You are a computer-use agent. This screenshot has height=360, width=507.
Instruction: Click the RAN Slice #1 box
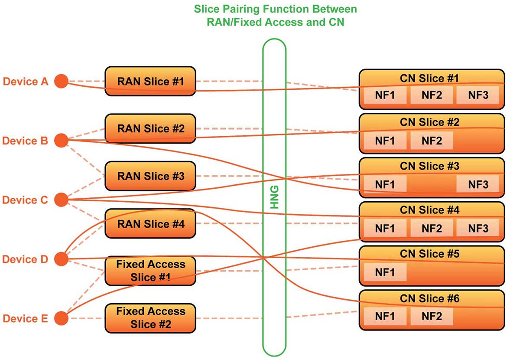150,81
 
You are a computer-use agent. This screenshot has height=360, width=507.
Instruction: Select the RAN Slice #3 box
150,176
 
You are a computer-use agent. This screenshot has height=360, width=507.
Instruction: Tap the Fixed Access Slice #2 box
150,318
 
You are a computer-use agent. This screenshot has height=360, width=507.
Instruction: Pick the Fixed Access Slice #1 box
150,271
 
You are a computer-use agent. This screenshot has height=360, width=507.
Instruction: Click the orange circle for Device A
61,81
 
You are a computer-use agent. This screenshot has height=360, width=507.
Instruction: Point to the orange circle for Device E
61,318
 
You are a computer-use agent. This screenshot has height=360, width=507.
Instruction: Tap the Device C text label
25,200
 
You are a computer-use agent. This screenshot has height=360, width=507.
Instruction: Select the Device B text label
25,141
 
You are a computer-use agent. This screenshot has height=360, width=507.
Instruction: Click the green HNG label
274,197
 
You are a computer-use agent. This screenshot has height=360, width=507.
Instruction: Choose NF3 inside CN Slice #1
478,95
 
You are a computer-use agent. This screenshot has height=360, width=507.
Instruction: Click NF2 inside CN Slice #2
432,141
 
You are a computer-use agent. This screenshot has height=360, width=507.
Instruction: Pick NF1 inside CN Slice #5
385,272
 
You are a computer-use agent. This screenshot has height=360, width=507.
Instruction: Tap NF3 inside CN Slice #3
478,184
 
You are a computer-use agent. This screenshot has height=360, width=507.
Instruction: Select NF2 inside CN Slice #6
432,316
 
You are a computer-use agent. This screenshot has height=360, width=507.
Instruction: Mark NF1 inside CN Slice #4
385,229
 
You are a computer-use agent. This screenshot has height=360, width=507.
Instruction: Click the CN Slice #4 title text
429,210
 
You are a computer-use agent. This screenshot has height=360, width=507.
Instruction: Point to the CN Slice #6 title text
429,298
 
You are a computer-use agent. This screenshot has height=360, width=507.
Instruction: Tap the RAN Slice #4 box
150,223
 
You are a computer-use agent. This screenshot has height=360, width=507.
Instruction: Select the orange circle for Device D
61,259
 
